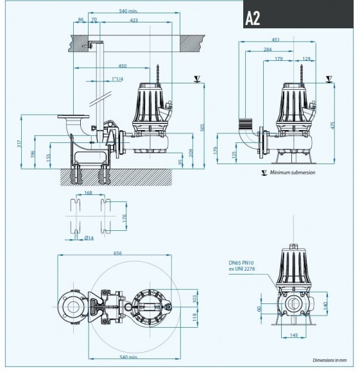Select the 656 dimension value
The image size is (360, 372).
(x=117, y=253)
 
